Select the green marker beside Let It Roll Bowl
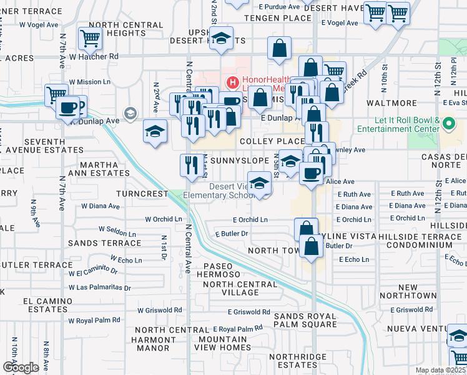pyautogui.click(x=450, y=124)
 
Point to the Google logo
pyautogui.click(x=21, y=367)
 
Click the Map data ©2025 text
pyautogui.click(x=440, y=370)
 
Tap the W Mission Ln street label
pyautogui.click(x=89, y=82)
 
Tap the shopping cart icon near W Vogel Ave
pyautogui.click(x=91, y=39)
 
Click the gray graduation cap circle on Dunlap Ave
pyautogui.click(x=130, y=113)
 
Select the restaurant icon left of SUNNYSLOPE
pyautogui.click(x=190, y=165)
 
